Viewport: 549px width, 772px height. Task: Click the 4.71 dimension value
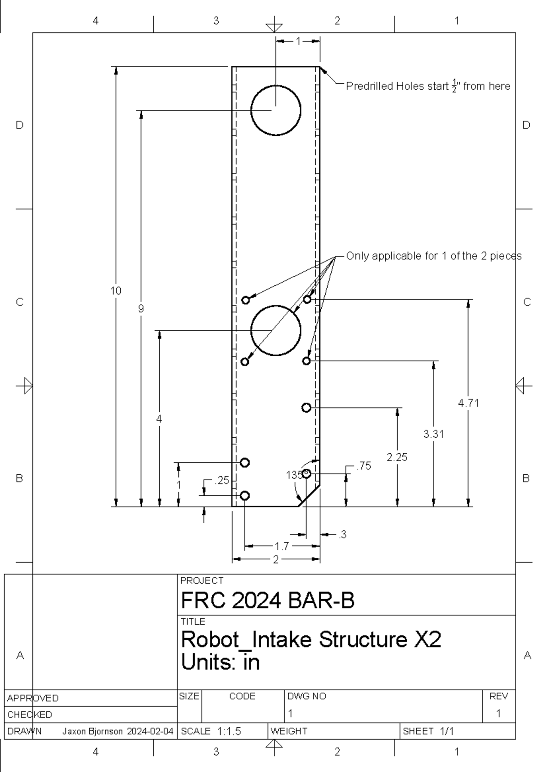[468, 403]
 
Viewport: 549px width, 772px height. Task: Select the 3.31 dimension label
[433, 434]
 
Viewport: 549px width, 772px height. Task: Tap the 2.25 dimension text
[397, 457]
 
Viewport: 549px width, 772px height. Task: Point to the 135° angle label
[294, 475]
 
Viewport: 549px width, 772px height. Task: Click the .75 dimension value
[364, 466]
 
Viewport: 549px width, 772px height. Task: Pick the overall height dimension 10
[116, 290]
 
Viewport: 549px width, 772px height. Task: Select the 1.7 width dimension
[282, 546]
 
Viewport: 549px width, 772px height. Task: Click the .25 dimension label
[222, 480]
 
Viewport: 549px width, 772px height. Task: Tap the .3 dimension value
[342, 534]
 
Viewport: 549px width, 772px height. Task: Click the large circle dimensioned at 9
[276, 110]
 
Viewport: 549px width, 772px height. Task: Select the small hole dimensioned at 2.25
[307, 407]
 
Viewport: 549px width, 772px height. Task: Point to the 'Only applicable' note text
[433, 256]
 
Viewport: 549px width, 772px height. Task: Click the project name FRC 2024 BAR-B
[268, 600]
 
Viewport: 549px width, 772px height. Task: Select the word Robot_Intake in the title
[247, 639]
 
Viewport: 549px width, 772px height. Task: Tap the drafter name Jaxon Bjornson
[92, 731]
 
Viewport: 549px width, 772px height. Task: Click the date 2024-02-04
[150, 731]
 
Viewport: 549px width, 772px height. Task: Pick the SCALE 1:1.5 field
[211, 731]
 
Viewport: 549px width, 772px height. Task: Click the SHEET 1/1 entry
[428, 731]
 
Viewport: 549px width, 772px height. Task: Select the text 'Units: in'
[221, 662]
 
